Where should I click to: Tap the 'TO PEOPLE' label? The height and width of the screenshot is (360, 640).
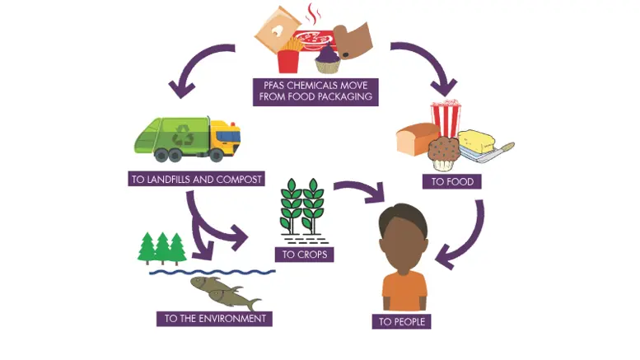[402, 321]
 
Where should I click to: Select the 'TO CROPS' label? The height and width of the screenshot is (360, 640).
[305, 255]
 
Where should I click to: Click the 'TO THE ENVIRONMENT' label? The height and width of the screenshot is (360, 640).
[214, 318]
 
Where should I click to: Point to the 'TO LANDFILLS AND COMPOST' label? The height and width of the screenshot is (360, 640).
[196, 178]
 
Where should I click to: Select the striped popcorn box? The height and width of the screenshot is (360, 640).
[446, 117]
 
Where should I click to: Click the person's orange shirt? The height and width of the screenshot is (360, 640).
[404, 290]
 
